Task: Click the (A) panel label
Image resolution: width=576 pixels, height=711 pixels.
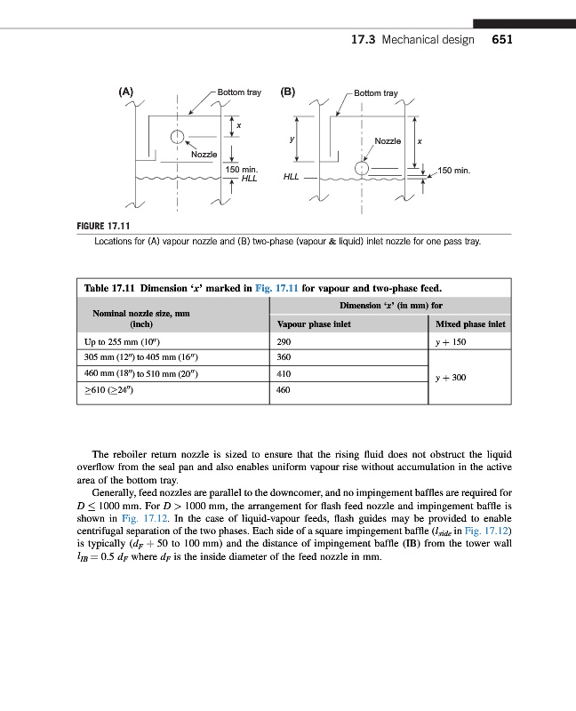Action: (x=126, y=92)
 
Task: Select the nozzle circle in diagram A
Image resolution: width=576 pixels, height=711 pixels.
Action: (x=178, y=136)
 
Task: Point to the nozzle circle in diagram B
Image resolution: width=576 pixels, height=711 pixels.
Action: (x=362, y=168)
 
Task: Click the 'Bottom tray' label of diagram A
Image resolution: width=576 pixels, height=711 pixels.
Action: (x=239, y=92)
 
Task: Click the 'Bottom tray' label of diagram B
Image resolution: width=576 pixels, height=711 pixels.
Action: (x=376, y=92)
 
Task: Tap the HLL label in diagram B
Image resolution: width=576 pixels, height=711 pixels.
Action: (x=292, y=177)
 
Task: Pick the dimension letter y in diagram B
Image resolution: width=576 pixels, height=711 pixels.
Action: (x=292, y=139)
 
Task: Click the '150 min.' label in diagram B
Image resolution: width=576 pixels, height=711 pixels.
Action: (x=460, y=169)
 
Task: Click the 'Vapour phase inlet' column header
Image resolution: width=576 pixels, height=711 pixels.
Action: (x=314, y=324)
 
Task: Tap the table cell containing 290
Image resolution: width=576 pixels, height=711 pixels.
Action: (x=285, y=341)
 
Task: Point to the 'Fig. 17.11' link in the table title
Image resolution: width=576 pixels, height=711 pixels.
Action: (x=277, y=288)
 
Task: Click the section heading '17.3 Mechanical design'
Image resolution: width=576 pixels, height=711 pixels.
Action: (x=412, y=40)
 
